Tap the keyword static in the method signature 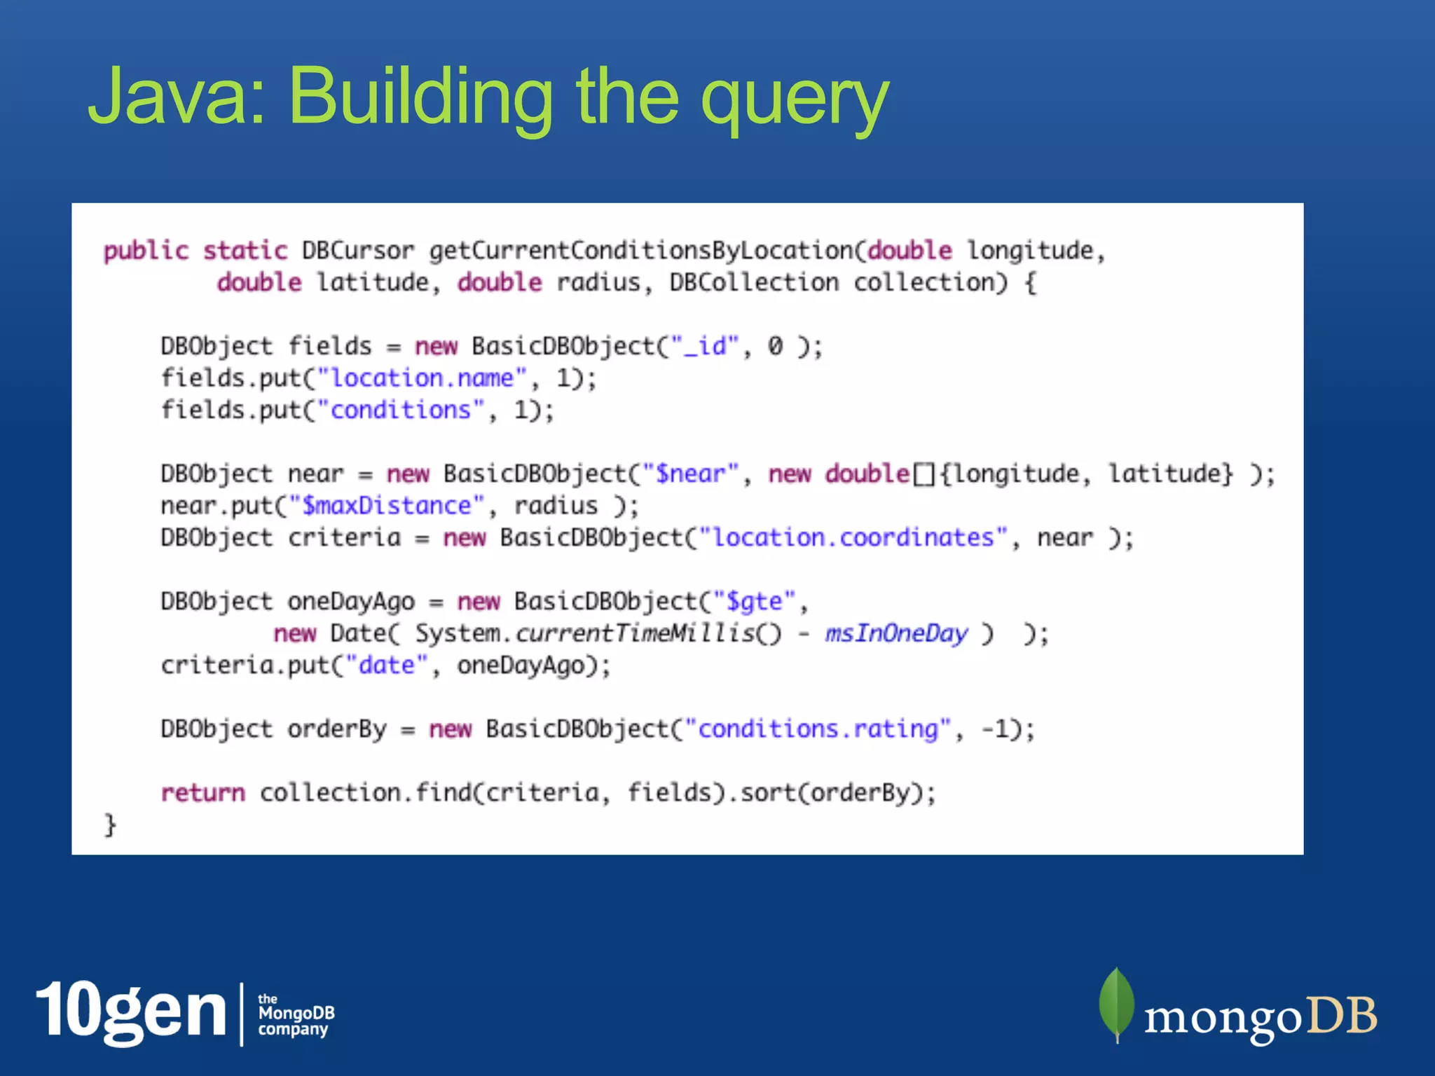[x=245, y=251]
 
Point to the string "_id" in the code [x=705, y=346]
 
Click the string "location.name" [x=422, y=378]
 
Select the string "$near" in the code [x=690, y=474]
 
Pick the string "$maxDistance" [x=387, y=506]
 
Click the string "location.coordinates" [x=853, y=537]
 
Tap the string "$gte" [x=755, y=601]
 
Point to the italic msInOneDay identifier [x=896, y=633]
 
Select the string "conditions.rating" [x=818, y=729]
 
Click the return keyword [x=203, y=792]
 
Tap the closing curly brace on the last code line [x=110, y=825]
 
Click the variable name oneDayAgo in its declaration [x=351, y=601]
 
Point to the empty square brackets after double [x=924, y=474]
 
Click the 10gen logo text [x=132, y=1012]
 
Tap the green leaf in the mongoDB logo [x=1116, y=1004]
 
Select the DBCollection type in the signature [x=754, y=282]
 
